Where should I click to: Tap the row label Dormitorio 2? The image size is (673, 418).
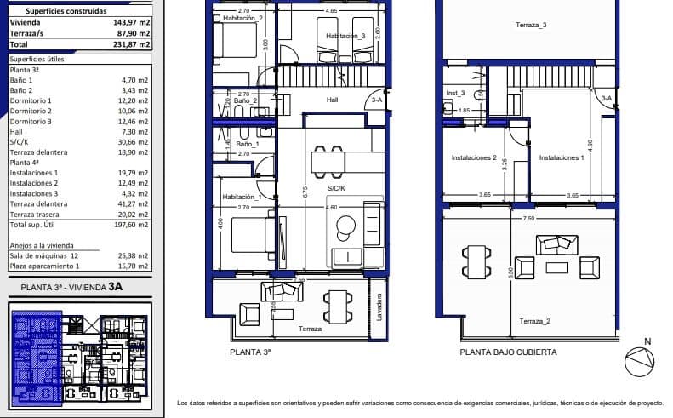pos(31,111)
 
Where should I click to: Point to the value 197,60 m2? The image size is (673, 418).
pos(132,225)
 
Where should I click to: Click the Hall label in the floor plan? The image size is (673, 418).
pos(333,100)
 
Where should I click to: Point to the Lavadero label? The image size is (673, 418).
pos(379,305)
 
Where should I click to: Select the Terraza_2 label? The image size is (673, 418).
pos(534,321)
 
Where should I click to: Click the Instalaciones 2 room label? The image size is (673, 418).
pos(474,157)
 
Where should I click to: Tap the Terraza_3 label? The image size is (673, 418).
pos(531,26)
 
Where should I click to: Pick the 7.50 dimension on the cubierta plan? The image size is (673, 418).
pos(528,218)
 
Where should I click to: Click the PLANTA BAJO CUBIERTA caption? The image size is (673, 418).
pos(508,352)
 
